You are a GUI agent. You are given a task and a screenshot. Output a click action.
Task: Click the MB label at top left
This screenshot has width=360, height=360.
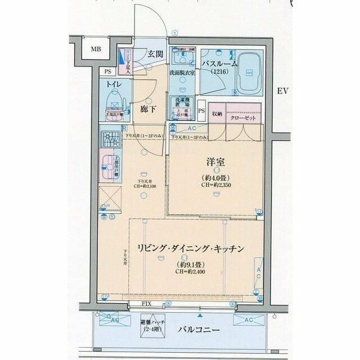click(x=96, y=49)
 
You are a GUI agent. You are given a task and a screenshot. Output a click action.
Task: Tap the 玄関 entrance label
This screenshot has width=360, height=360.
click(x=155, y=55)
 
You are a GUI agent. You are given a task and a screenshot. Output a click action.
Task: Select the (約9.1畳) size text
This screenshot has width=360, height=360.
click(x=188, y=264)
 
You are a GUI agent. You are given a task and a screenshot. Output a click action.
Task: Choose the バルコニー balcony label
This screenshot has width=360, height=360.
click(x=200, y=330)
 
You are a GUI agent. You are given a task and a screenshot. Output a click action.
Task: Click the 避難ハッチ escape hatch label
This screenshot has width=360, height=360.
click(x=150, y=325)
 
